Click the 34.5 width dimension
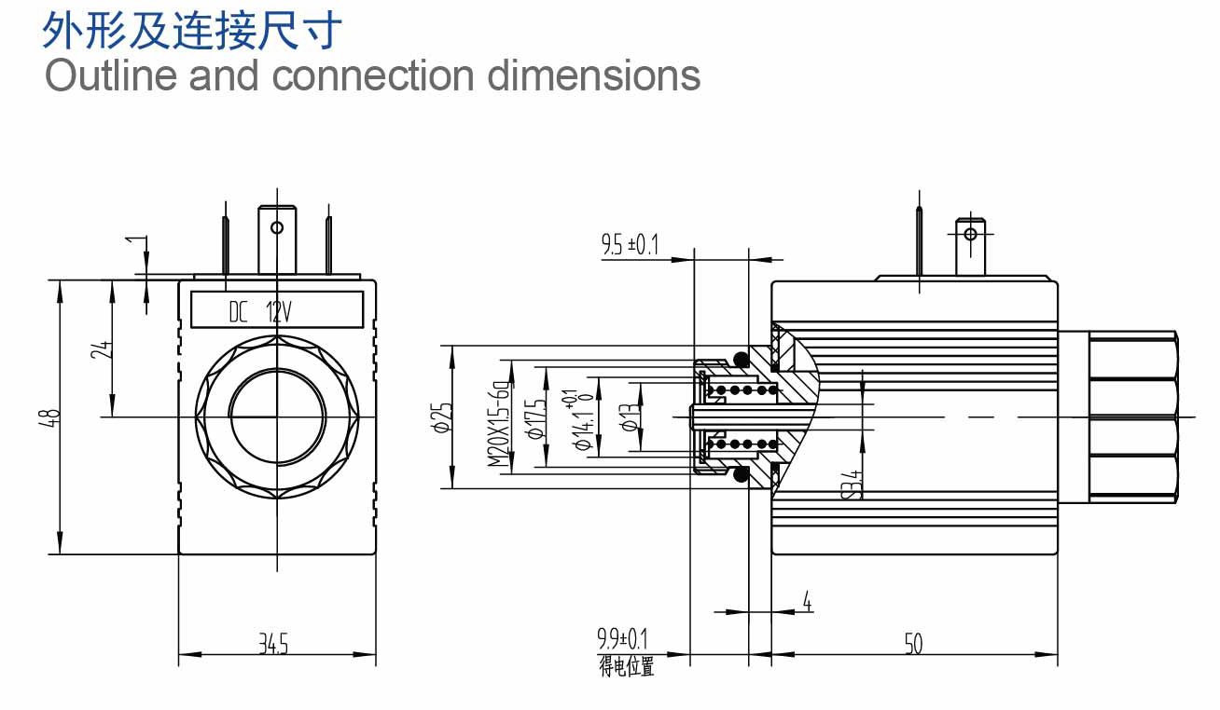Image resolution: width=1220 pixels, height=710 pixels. coord(273,644)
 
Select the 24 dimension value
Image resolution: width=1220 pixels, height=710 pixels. coord(102,349)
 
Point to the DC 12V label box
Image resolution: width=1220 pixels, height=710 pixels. coord(277,309)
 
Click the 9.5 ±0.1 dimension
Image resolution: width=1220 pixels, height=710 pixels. coord(631,244)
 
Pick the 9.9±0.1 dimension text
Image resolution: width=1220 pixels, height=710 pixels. coord(622,638)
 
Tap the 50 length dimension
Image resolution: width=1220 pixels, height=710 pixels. coord(913,644)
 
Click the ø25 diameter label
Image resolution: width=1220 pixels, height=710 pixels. coord(442,417)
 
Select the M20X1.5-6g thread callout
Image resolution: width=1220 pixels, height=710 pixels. coord(499,423)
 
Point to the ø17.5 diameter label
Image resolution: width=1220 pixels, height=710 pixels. coord(535,419)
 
